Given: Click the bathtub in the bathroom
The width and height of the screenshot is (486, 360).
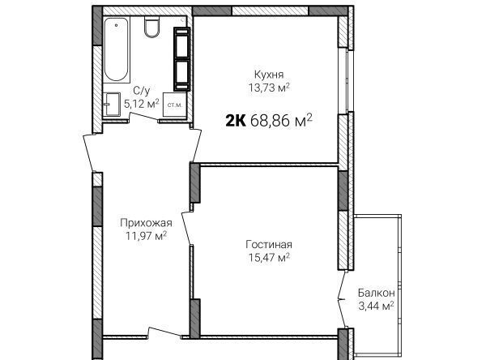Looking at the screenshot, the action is [x=116, y=49].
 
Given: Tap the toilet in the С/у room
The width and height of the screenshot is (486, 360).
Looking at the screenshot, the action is [x=152, y=27].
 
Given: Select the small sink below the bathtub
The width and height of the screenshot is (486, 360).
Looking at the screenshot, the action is [x=112, y=105].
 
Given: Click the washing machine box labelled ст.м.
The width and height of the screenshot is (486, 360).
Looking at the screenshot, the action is [x=175, y=105].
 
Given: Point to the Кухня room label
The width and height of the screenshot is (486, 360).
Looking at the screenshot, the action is [x=269, y=75].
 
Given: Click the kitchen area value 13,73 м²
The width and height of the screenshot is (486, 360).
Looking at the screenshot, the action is [x=269, y=88].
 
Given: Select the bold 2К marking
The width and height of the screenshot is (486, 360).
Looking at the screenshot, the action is [x=236, y=121].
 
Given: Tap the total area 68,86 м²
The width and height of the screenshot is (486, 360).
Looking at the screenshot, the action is [x=281, y=121].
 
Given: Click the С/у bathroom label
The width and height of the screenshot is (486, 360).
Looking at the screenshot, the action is [x=141, y=91].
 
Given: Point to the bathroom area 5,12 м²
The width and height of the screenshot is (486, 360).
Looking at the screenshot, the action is [x=141, y=103].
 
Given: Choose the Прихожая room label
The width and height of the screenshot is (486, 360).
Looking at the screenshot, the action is [x=146, y=223].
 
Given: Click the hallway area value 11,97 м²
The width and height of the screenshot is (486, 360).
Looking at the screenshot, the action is [x=146, y=236].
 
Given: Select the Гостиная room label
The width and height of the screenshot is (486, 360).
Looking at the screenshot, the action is [x=269, y=245].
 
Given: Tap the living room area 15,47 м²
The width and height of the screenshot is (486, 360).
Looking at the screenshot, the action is [x=269, y=257].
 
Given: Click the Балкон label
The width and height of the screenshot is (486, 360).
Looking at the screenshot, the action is [x=377, y=293].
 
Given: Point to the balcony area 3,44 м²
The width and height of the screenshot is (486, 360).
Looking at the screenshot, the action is [x=377, y=306].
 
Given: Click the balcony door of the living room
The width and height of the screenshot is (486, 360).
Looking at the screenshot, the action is [x=342, y=299].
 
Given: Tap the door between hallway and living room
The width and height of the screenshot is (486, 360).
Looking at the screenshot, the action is [x=188, y=228].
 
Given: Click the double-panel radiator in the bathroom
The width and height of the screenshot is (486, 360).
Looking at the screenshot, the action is [x=181, y=59].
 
